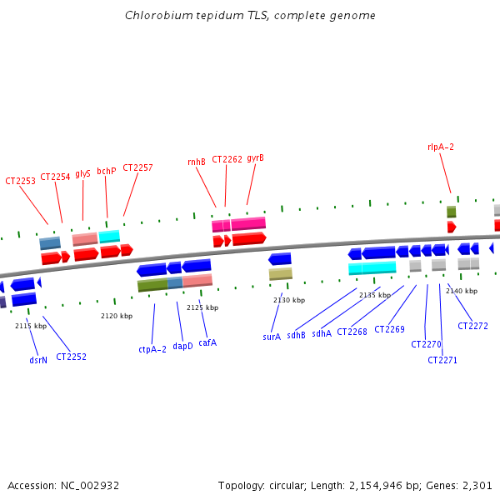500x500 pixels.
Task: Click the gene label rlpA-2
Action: click(x=441, y=147)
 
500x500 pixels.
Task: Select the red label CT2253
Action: click(x=21, y=181)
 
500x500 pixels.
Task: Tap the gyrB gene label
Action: click(x=255, y=157)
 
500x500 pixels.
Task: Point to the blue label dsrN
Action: click(x=38, y=360)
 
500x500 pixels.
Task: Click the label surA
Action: click(x=272, y=337)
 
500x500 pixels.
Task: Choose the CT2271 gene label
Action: click(x=442, y=360)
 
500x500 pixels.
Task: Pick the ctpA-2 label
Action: click(x=152, y=350)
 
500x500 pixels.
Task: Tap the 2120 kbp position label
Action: click(x=117, y=316)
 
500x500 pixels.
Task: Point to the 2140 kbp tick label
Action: click(x=462, y=291)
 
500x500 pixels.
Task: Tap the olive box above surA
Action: click(x=281, y=273)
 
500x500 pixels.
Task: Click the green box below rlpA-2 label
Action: click(x=452, y=212)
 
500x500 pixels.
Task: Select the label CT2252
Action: click(x=72, y=357)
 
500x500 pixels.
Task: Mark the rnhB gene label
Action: click(x=197, y=162)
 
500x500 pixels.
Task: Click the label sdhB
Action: click(x=296, y=335)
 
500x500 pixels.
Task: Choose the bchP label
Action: click(x=107, y=171)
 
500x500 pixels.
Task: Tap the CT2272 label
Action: click(x=472, y=326)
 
